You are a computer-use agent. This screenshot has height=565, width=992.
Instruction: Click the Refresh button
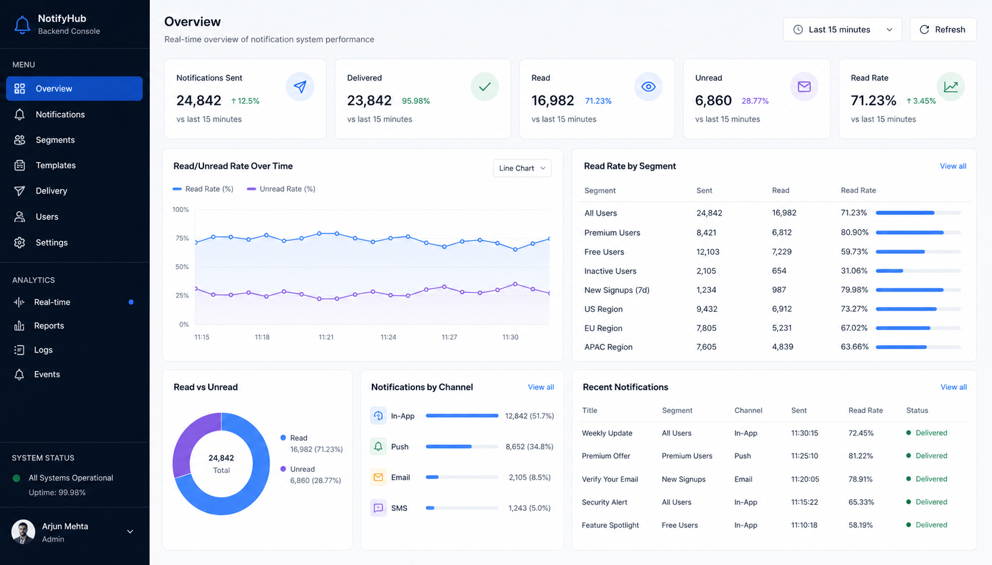943,30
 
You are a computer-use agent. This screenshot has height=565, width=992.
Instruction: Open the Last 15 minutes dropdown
842,30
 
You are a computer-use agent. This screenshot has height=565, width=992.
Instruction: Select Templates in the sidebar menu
56,165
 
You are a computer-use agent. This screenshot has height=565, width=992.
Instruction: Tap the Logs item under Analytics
43,349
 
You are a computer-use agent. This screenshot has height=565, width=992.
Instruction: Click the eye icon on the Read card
648,87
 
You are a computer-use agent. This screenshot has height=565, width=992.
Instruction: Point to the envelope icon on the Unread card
804,87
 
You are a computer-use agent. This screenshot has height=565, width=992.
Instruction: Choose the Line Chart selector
522,168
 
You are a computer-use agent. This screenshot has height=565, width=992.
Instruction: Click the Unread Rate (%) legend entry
281,189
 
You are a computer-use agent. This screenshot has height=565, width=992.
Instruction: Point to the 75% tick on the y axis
182,238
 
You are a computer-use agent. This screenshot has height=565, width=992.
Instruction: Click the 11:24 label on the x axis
389,337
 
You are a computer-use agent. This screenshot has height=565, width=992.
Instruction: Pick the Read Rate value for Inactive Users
854,271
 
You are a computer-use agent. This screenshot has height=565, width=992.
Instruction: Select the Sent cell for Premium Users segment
706,233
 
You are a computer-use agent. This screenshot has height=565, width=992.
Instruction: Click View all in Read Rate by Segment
953,166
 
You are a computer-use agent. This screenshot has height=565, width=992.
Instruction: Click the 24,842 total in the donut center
221,457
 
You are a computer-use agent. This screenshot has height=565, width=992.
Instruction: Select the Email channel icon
378,477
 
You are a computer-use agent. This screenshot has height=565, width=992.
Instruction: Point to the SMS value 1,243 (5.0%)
529,508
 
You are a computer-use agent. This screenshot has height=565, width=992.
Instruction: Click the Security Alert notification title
604,502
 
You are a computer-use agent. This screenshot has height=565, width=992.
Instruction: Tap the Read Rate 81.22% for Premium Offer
861,456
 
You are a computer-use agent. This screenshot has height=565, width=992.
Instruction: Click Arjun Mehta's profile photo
23,532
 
